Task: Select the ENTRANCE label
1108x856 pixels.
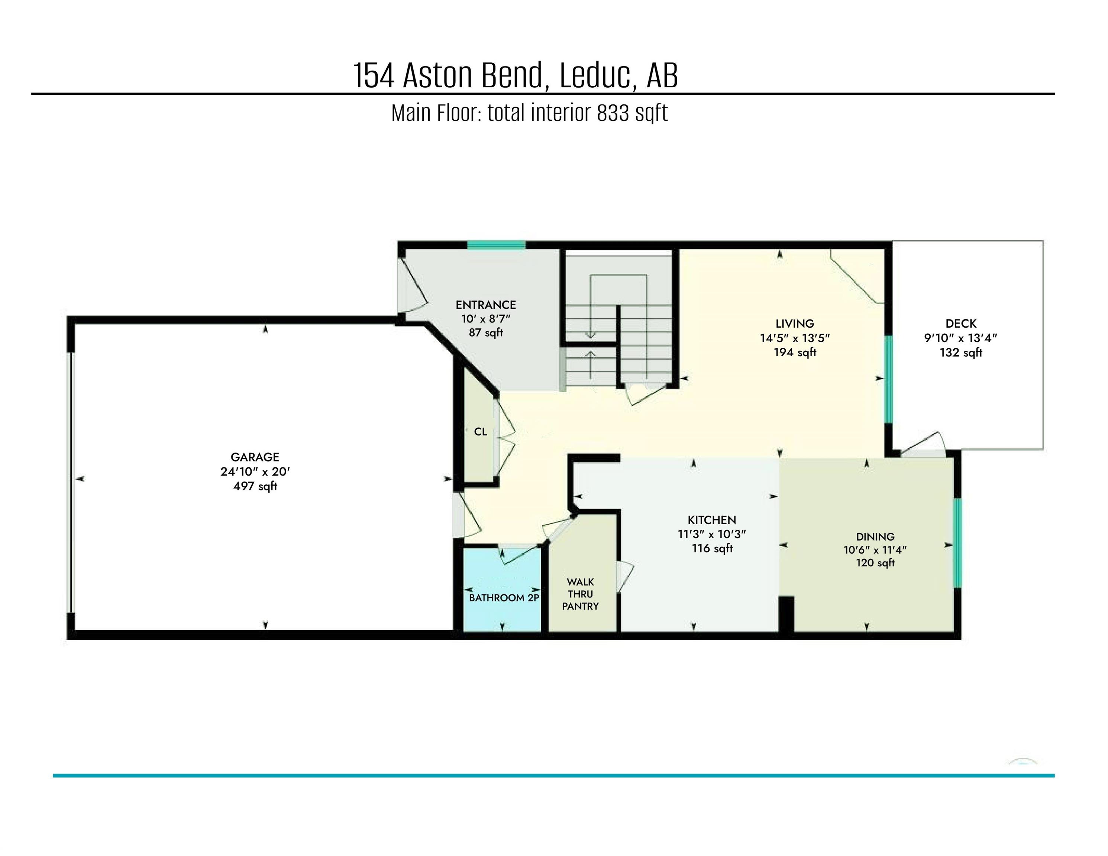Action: pyautogui.click(x=485, y=305)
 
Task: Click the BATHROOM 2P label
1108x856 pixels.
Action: pyautogui.click(x=503, y=598)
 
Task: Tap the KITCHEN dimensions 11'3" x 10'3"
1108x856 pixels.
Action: pyautogui.click(x=712, y=534)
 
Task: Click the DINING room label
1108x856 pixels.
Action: pyautogui.click(x=875, y=536)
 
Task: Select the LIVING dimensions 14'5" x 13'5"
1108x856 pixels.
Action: pyautogui.click(x=794, y=338)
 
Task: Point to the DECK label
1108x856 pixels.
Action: pyautogui.click(x=961, y=324)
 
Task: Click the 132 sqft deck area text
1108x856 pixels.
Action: pyautogui.click(x=961, y=353)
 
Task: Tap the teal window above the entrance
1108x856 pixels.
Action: pyautogui.click(x=496, y=246)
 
